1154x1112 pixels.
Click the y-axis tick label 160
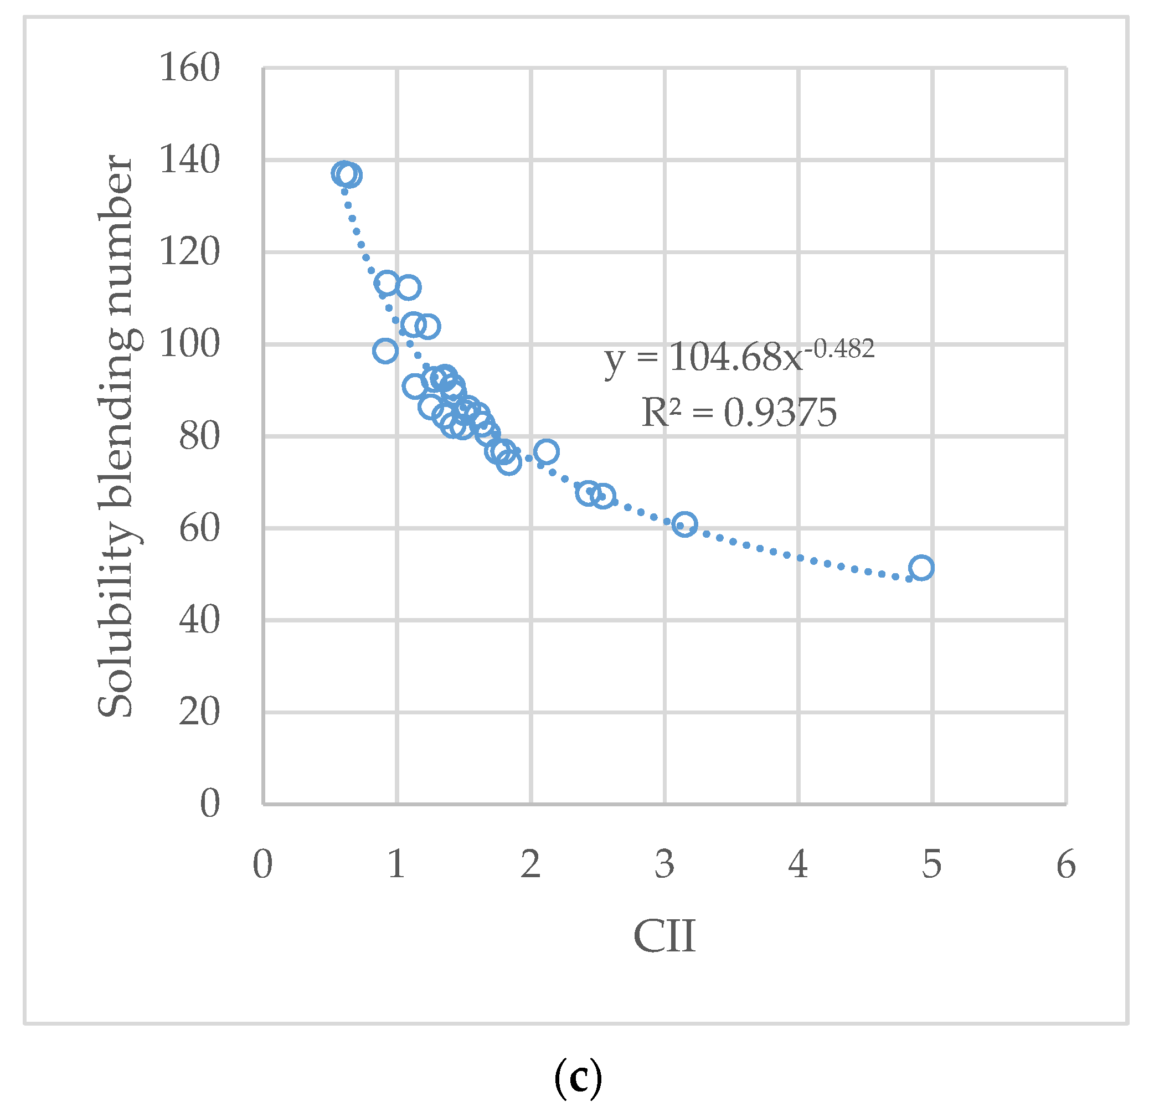coord(189,68)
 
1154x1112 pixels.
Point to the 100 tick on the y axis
coord(189,344)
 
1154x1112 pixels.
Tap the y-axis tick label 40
coord(199,620)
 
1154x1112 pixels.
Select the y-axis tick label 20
coord(199,712)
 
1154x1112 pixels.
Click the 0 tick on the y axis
coord(210,804)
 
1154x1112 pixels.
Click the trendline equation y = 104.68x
coord(704,357)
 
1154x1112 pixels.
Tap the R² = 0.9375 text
coord(738,412)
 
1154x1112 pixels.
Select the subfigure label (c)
coord(578,1077)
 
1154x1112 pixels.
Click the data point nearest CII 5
coord(921,568)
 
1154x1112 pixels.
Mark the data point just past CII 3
coord(685,524)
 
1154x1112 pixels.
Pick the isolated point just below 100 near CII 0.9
coord(385,352)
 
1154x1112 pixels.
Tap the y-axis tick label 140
coord(189,159)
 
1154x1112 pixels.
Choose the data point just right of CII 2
coord(547,452)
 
